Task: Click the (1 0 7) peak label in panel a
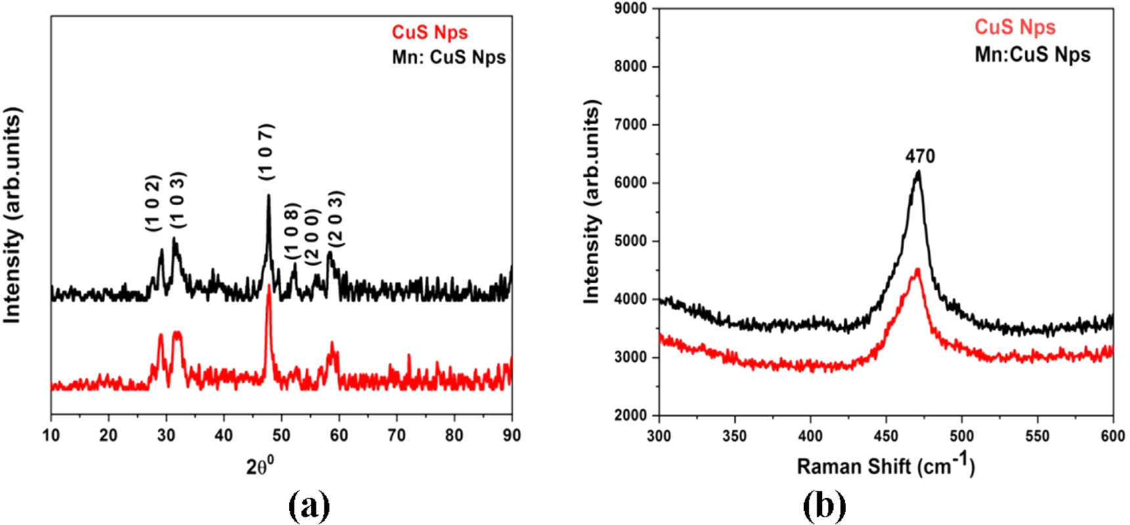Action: pos(267,152)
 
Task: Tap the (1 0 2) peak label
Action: pos(153,202)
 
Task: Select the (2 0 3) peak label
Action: pos(336,219)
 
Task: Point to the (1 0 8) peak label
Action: pos(292,231)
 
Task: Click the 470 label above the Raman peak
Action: pos(920,156)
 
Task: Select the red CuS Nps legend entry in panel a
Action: pos(430,32)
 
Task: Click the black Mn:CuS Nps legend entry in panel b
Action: pos(1032,55)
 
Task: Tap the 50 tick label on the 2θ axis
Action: pos(281,435)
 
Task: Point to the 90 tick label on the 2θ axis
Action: pos(511,435)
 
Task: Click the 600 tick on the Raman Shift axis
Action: pos(1112,436)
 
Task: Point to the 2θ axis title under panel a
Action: pos(260,466)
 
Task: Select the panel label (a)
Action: pos(309,507)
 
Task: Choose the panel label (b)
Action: pos(825,507)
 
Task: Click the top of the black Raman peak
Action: pos(918,172)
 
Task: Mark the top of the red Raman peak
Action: pos(917,270)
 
